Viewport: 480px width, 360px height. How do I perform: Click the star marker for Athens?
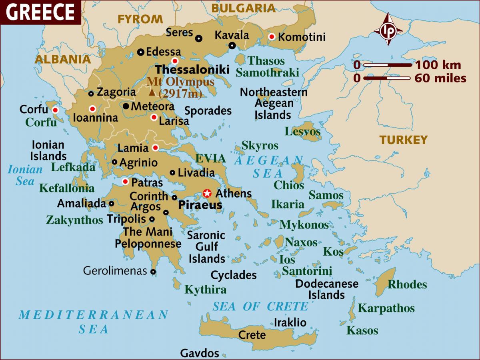tap(207, 193)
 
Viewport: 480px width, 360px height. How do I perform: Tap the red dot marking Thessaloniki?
tap(175, 61)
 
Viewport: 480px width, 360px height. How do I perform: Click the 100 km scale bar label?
tap(438, 65)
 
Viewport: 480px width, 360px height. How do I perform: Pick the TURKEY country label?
tap(404, 140)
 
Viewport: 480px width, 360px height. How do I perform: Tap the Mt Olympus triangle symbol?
tap(152, 93)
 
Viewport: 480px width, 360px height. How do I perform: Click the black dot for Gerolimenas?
tap(153, 272)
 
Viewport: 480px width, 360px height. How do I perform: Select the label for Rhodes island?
tap(407, 284)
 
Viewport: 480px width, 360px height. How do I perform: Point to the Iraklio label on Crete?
tap(290, 322)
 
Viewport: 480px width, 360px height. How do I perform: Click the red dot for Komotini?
tap(272, 37)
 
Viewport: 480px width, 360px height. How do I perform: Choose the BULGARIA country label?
tap(244, 8)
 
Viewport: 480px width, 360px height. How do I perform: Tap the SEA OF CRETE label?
tap(260, 306)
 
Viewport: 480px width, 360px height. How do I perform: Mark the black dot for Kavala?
tap(232, 46)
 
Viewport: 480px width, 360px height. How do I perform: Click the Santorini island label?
tap(307, 271)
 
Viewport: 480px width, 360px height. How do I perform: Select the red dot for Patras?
tap(125, 182)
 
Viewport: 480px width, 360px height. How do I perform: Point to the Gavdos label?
tap(200, 353)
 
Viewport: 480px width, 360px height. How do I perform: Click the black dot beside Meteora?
tap(126, 106)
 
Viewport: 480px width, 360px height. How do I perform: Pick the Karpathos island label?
tap(386, 308)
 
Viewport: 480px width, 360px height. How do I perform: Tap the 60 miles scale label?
tap(440, 78)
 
